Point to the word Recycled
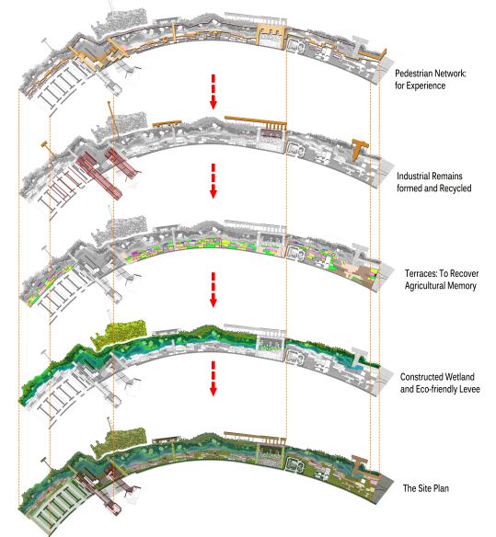[456, 188]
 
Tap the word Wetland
[458, 377]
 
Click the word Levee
[469, 389]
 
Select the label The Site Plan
[426, 488]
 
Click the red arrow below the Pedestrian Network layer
[213, 92]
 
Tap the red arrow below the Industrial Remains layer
[213, 181]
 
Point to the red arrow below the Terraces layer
[213, 290]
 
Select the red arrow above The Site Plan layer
[213, 379]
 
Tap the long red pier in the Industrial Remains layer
[99, 177]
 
